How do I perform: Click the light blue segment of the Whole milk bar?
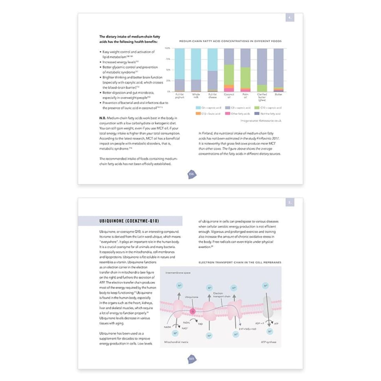pyautogui.click(x=196, y=64)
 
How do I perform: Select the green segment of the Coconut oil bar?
pyautogui.click(x=229, y=74)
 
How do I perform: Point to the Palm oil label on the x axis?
pyautogui.click(x=245, y=96)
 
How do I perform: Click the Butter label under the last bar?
pyautogui.click(x=278, y=95)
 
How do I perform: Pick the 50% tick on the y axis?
pyautogui.click(x=168, y=70)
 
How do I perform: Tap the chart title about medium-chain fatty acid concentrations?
pyautogui.click(x=230, y=41)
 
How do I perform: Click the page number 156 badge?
pyautogui.click(x=191, y=174)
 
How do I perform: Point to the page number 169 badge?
pyautogui.click(x=191, y=359)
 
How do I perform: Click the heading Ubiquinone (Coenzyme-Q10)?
pyautogui.click(x=129, y=221)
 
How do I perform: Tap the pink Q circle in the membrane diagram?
pyautogui.click(x=193, y=312)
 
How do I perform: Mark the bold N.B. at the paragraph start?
pyautogui.click(x=103, y=117)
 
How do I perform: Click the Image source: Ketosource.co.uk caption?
pyautogui.click(x=261, y=121)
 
